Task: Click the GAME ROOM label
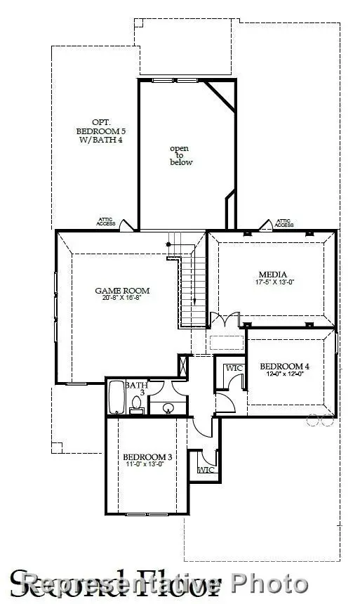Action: [123, 290]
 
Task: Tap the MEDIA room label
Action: [272, 275]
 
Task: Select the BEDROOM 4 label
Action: [284, 366]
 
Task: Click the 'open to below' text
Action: [181, 155]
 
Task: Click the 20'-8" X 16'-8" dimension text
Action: [123, 298]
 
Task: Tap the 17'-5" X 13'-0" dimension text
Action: [272, 282]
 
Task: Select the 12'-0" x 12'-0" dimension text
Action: [284, 374]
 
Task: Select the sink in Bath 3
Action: [168, 407]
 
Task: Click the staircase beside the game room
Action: [192, 288]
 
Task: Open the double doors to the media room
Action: [226, 325]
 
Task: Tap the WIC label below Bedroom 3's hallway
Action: [205, 469]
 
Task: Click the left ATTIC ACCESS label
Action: [106, 223]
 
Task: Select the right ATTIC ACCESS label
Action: [284, 223]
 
